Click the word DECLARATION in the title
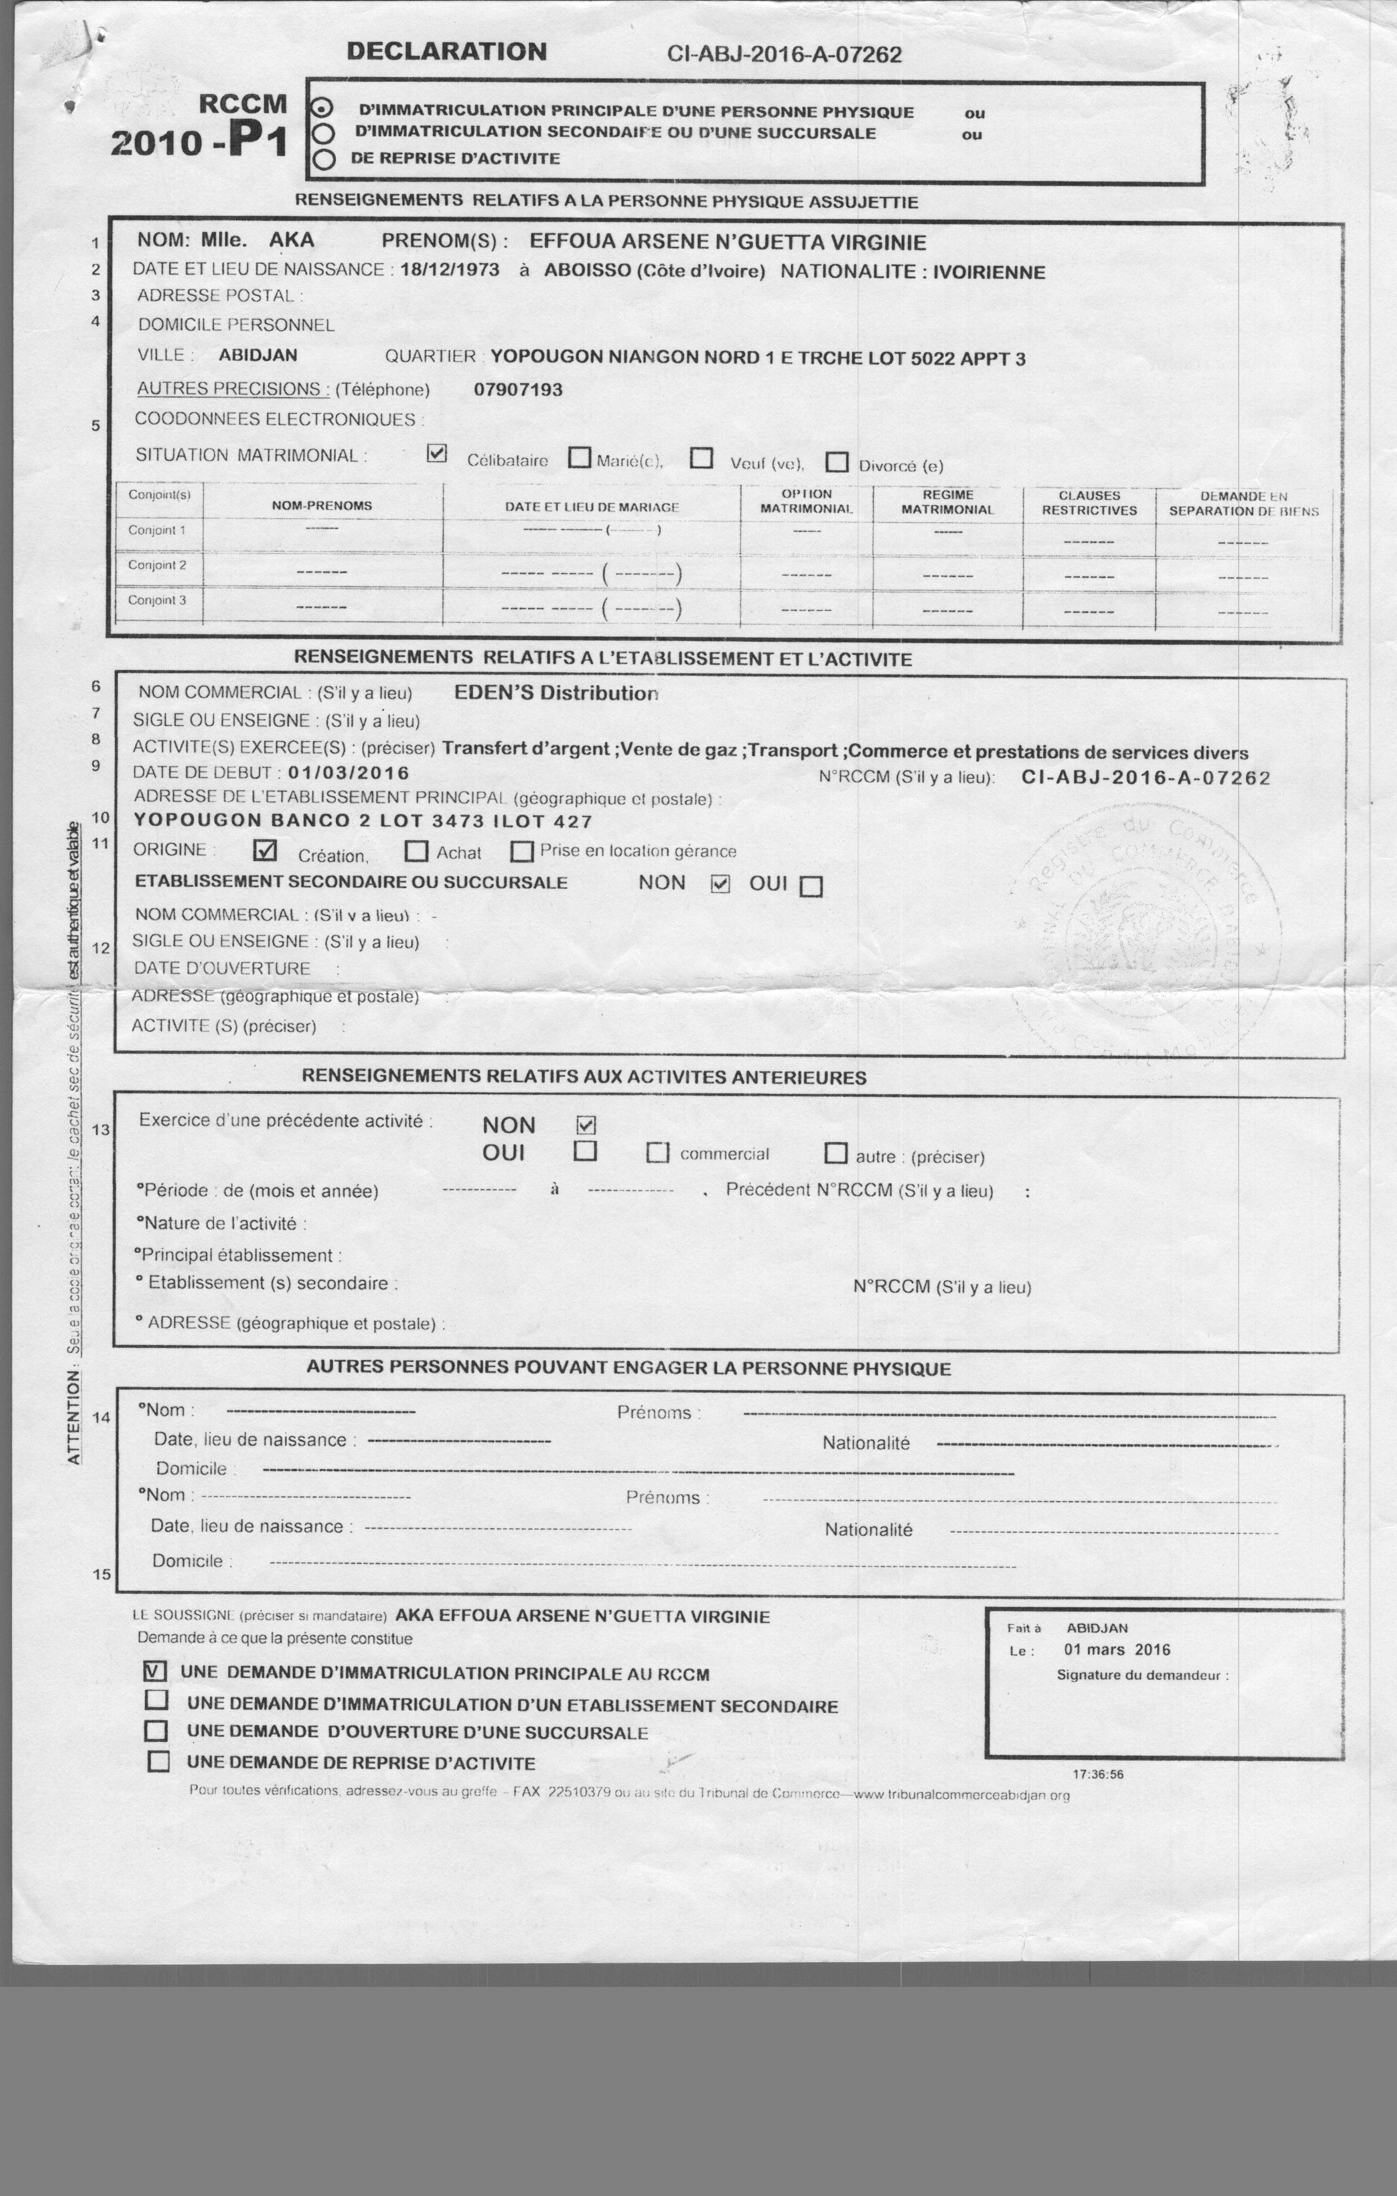446,51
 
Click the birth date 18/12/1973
450,270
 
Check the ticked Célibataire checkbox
437,453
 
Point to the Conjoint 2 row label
157,565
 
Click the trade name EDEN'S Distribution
555,693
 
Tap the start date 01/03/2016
348,773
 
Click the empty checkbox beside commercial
657,1153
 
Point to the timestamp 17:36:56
1098,1774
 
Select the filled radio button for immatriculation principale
322,107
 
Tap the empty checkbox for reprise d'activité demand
159,1761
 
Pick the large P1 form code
258,140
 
